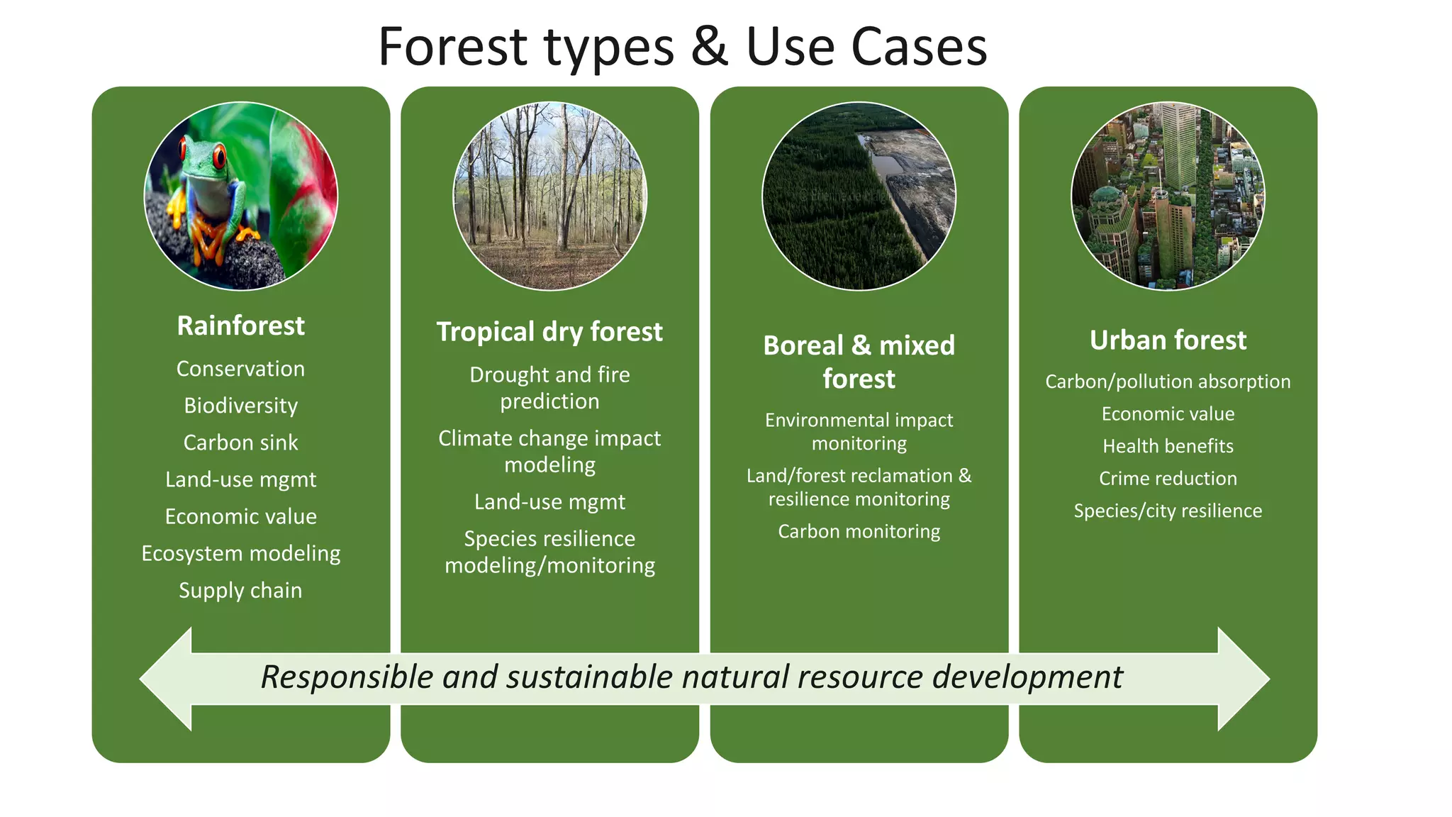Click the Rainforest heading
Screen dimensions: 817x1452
coord(240,326)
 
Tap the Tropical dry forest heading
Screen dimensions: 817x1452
coord(549,332)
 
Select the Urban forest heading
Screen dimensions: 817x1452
coord(1168,340)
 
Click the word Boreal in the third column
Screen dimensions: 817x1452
coord(803,345)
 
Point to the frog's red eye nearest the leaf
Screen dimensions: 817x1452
coord(220,155)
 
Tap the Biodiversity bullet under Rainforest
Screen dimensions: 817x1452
coord(240,406)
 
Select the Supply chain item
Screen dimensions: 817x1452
coord(240,590)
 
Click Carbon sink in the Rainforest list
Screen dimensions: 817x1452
coord(240,443)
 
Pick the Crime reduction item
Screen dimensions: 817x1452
coord(1168,479)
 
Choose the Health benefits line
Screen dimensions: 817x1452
coord(1168,446)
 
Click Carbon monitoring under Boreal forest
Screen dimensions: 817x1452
coord(859,531)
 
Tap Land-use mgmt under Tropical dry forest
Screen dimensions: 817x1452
coord(549,502)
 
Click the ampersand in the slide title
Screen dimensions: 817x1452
coord(710,47)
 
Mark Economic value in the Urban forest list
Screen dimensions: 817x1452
coord(1168,414)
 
